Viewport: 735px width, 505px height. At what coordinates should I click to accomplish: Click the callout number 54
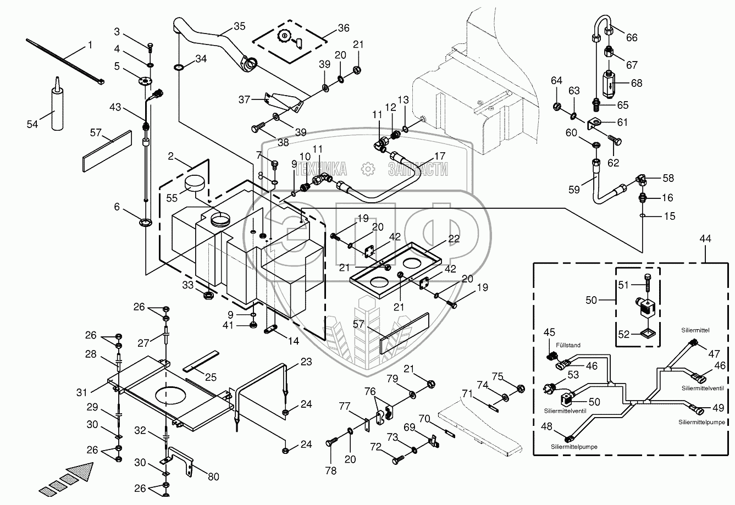(x=32, y=124)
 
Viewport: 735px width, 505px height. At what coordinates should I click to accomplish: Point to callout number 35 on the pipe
(x=224, y=26)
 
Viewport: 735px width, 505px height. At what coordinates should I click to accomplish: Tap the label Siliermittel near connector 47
(x=694, y=330)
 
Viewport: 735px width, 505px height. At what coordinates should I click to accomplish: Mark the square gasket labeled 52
(x=640, y=333)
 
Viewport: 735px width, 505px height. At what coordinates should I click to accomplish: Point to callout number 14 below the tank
(x=294, y=341)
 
